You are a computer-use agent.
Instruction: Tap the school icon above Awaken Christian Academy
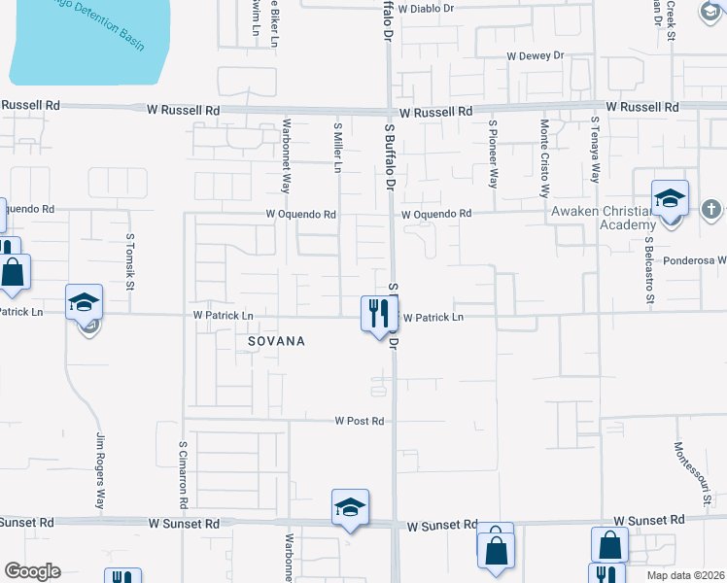pyautogui.click(x=670, y=198)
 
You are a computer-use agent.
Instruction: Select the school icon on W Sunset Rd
pyautogui.click(x=350, y=507)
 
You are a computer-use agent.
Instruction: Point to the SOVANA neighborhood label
pyautogui.click(x=276, y=341)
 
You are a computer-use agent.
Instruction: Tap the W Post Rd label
pyautogui.click(x=360, y=421)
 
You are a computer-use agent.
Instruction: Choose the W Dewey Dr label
pyautogui.click(x=535, y=55)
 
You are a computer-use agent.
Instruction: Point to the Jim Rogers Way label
pyautogui.click(x=99, y=472)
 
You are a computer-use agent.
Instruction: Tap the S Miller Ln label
pyautogui.click(x=337, y=148)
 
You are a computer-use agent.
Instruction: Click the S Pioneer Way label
pyautogui.click(x=494, y=153)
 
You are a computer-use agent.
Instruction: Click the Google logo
pyautogui.click(x=31, y=571)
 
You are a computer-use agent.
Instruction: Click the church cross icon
pyautogui.click(x=711, y=209)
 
